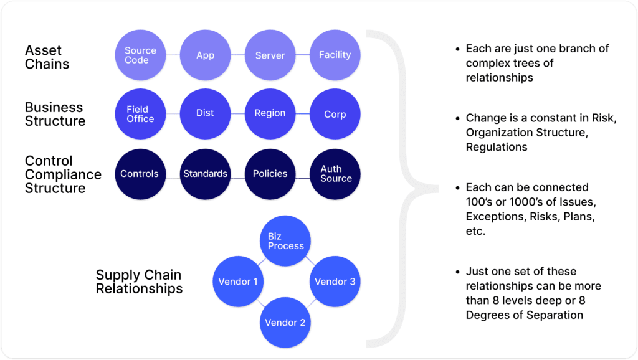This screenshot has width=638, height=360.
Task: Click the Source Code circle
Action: tap(140, 55)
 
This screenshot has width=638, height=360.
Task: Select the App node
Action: tap(205, 55)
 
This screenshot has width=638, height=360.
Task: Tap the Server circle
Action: tap(270, 55)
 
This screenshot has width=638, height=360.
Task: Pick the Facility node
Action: tap(335, 55)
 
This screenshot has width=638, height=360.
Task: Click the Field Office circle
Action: tap(140, 114)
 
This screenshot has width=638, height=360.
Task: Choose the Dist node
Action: tap(205, 114)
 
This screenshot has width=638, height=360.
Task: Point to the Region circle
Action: tap(270, 114)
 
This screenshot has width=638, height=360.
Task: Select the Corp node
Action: tap(335, 114)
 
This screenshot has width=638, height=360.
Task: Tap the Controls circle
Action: tap(140, 174)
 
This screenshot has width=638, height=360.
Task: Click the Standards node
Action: tap(205, 174)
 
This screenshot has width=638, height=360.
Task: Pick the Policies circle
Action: tap(270, 174)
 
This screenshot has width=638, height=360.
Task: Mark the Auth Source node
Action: tap(335, 174)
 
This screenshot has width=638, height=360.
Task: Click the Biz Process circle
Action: tap(285, 241)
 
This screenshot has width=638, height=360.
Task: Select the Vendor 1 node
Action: tap(238, 282)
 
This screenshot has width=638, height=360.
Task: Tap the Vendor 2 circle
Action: tap(285, 323)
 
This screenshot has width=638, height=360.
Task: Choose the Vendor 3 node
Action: tap(335, 282)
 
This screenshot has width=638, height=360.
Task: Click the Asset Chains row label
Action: tap(47, 57)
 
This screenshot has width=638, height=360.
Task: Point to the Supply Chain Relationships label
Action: tap(139, 282)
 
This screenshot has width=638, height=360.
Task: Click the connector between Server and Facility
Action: tap(302, 55)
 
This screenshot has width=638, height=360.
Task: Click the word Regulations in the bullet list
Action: tap(497, 147)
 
